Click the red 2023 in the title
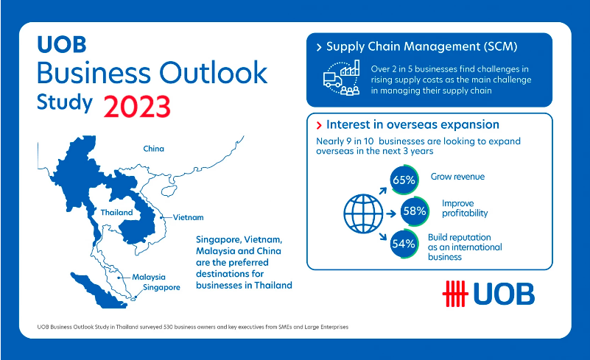(x=137, y=107)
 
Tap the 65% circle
(x=404, y=180)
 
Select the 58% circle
(x=415, y=211)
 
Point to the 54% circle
(x=404, y=244)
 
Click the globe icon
(x=363, y=213)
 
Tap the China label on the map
(x=153, y=149)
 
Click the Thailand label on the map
(x=116, y=213)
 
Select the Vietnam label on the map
(x=188, y=217)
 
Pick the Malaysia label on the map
(x=149, y=278)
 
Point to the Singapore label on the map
(x=161, y=287)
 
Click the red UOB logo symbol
(x=455, y=294)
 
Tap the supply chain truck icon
(x=333, y=80)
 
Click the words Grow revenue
(x=457, y=177)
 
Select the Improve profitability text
(x=465, y=208)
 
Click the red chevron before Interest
(x=319, y=125)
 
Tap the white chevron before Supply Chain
(x=319, y=47)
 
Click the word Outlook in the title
(x=214, y=72)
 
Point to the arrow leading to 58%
(x=391, y=213)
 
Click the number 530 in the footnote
(x=168, y=327)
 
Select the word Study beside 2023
(x=65, y=102)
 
